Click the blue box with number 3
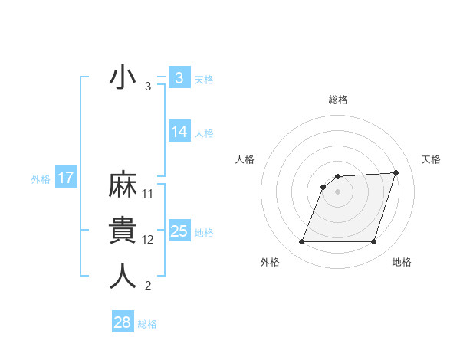179,78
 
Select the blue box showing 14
179,132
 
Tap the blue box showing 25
179,231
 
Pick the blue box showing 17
66,178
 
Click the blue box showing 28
122,322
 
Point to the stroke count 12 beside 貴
148,240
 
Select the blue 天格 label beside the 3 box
204,79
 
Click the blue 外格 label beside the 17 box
41,179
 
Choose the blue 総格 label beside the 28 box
147,324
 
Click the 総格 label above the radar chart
337,100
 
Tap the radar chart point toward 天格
396,172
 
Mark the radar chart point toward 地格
373,242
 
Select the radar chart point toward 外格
301,242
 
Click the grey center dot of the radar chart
337,191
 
